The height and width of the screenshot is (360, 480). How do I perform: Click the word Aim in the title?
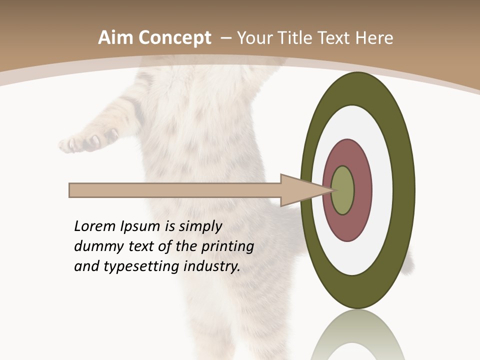pos(115,37)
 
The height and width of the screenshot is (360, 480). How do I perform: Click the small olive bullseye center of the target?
pos(343,190)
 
